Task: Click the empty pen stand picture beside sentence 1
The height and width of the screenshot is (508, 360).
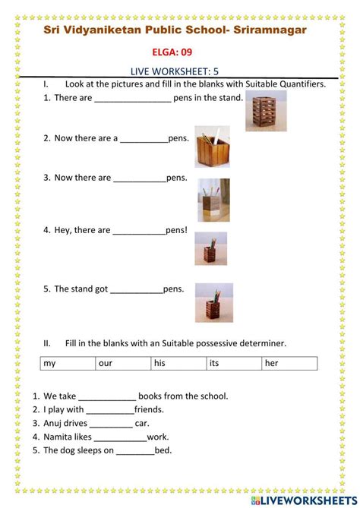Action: (266, 111)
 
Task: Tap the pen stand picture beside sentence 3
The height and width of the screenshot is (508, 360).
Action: (213, 200)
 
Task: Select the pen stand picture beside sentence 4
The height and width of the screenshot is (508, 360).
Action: (210, 248)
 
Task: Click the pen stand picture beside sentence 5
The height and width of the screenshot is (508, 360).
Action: (214, 302)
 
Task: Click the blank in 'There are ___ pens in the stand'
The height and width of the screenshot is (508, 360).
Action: (133, 99)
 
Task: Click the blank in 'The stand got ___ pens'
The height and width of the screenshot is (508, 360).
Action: (137, 290)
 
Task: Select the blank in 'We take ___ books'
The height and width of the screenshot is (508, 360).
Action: (107, 397)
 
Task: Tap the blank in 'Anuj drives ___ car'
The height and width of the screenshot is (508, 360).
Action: (111, 424)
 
